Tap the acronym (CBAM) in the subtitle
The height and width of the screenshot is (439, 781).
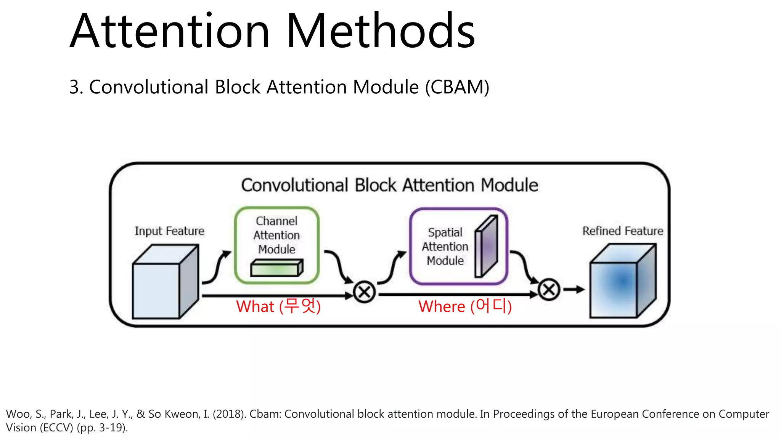(457, 87)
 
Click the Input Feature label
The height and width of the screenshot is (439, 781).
(169, 231)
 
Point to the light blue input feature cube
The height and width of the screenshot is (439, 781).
(160, 286)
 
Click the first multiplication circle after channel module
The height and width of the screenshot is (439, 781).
(364, 292)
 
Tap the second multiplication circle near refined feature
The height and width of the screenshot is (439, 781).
(549, 290)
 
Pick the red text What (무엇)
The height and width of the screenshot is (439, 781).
(278, 306)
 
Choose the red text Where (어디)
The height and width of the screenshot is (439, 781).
(464, 306)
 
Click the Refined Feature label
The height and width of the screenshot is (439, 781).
(622, 231)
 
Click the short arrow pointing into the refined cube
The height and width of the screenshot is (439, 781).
(574, 290)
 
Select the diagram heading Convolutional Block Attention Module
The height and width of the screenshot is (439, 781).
(389, 185)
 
